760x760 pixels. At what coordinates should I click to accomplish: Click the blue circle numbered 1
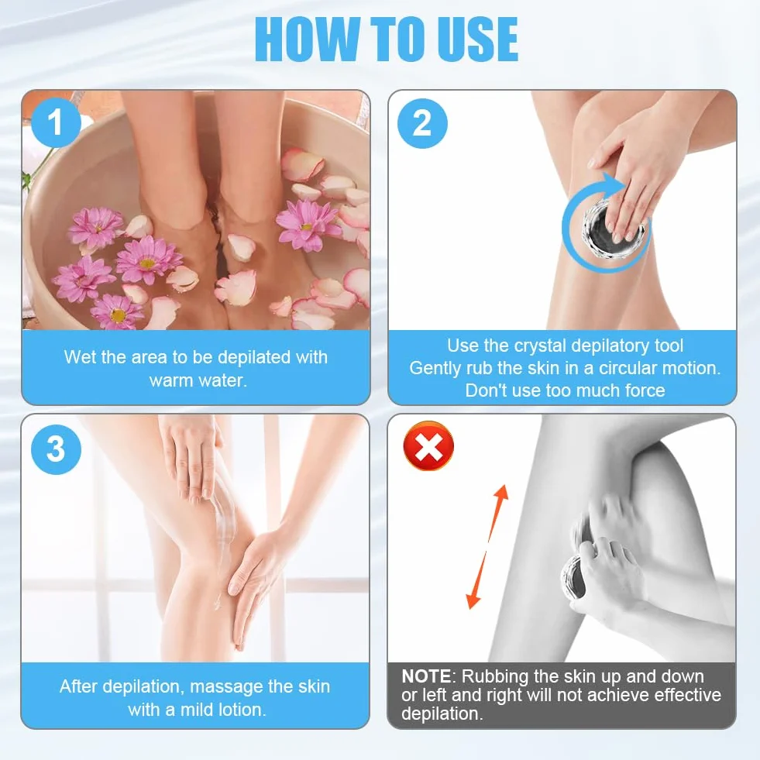click(x=56, y=122)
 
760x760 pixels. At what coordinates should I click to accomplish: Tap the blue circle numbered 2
click(x=422, y=123)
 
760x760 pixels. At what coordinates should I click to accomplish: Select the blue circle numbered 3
click(x=56, y=449)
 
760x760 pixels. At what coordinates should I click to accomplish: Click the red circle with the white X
click(x=428, y=446)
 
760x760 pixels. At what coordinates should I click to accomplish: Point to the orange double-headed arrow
click(x=487, y=547)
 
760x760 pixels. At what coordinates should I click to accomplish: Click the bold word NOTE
click(x=427, y=676)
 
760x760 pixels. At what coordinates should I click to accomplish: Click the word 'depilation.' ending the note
click(x=442, y=714)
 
